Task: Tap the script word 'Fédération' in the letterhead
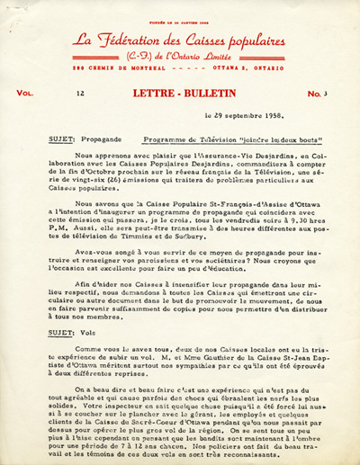(139, 40)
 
